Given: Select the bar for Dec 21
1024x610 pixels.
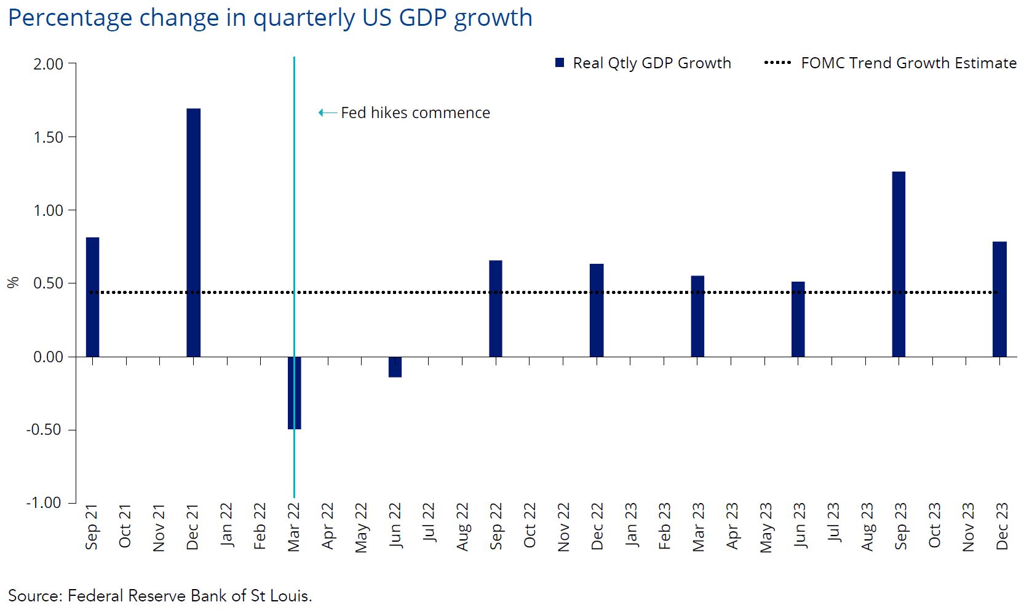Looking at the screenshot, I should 193,232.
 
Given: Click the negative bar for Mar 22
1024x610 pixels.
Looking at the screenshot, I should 295,393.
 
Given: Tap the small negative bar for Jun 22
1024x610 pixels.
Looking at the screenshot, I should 395,367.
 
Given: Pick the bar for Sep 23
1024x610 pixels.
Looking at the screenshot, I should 899,264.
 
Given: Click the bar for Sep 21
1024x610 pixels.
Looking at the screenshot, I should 92,297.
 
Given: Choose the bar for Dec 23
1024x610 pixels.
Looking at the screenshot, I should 999,299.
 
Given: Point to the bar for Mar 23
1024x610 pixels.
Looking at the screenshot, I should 697,316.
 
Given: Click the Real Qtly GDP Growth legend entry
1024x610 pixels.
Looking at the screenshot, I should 643,63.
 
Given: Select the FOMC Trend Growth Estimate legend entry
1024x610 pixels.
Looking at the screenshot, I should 890,63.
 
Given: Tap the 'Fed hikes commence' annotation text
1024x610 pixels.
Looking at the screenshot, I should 416,113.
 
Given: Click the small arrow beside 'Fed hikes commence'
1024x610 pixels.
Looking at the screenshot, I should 327,113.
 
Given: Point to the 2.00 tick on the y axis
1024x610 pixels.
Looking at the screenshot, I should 49,65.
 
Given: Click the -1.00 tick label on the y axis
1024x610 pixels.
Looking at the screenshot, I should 44,502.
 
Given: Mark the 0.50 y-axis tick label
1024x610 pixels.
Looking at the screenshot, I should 49,283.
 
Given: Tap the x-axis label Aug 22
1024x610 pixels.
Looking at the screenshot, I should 462,527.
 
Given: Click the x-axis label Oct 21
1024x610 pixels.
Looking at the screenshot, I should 125,526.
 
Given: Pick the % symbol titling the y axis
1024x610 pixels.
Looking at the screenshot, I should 13,282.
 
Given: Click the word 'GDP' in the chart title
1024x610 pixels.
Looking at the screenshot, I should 423,18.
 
